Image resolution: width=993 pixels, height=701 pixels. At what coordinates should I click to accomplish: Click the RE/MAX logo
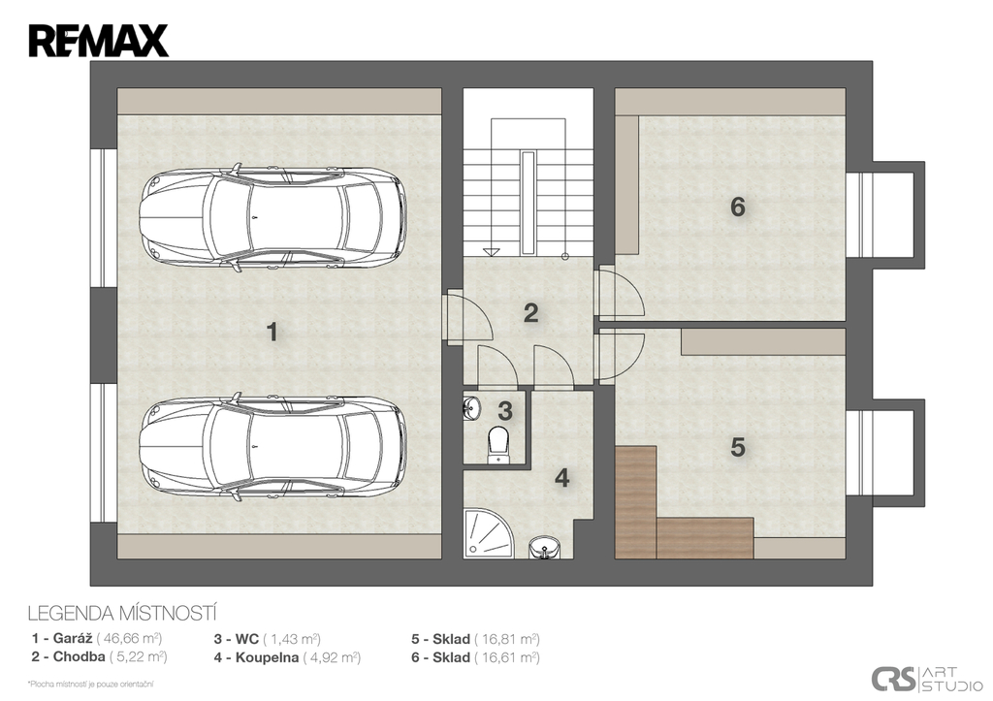click(98, 41)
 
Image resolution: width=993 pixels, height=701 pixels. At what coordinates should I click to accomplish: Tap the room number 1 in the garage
click(272, 332)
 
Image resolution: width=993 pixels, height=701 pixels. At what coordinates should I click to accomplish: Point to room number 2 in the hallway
click(530, 313)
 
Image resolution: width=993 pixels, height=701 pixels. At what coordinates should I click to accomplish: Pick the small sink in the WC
click(471, 408)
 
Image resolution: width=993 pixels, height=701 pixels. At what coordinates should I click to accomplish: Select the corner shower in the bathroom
click(488, 534)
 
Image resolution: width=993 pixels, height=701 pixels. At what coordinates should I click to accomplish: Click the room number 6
click(738, 207)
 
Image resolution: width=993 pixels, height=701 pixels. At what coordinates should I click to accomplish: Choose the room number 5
click(738, 447)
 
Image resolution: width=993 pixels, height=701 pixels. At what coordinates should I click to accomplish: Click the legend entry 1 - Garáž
click(96, 638)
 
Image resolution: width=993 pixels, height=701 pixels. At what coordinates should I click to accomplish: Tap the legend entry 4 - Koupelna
click(287, 657)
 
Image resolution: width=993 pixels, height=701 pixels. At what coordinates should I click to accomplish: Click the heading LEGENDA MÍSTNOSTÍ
click(123, 614)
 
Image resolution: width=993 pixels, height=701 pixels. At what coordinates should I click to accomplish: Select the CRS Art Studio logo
click(927, 678)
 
